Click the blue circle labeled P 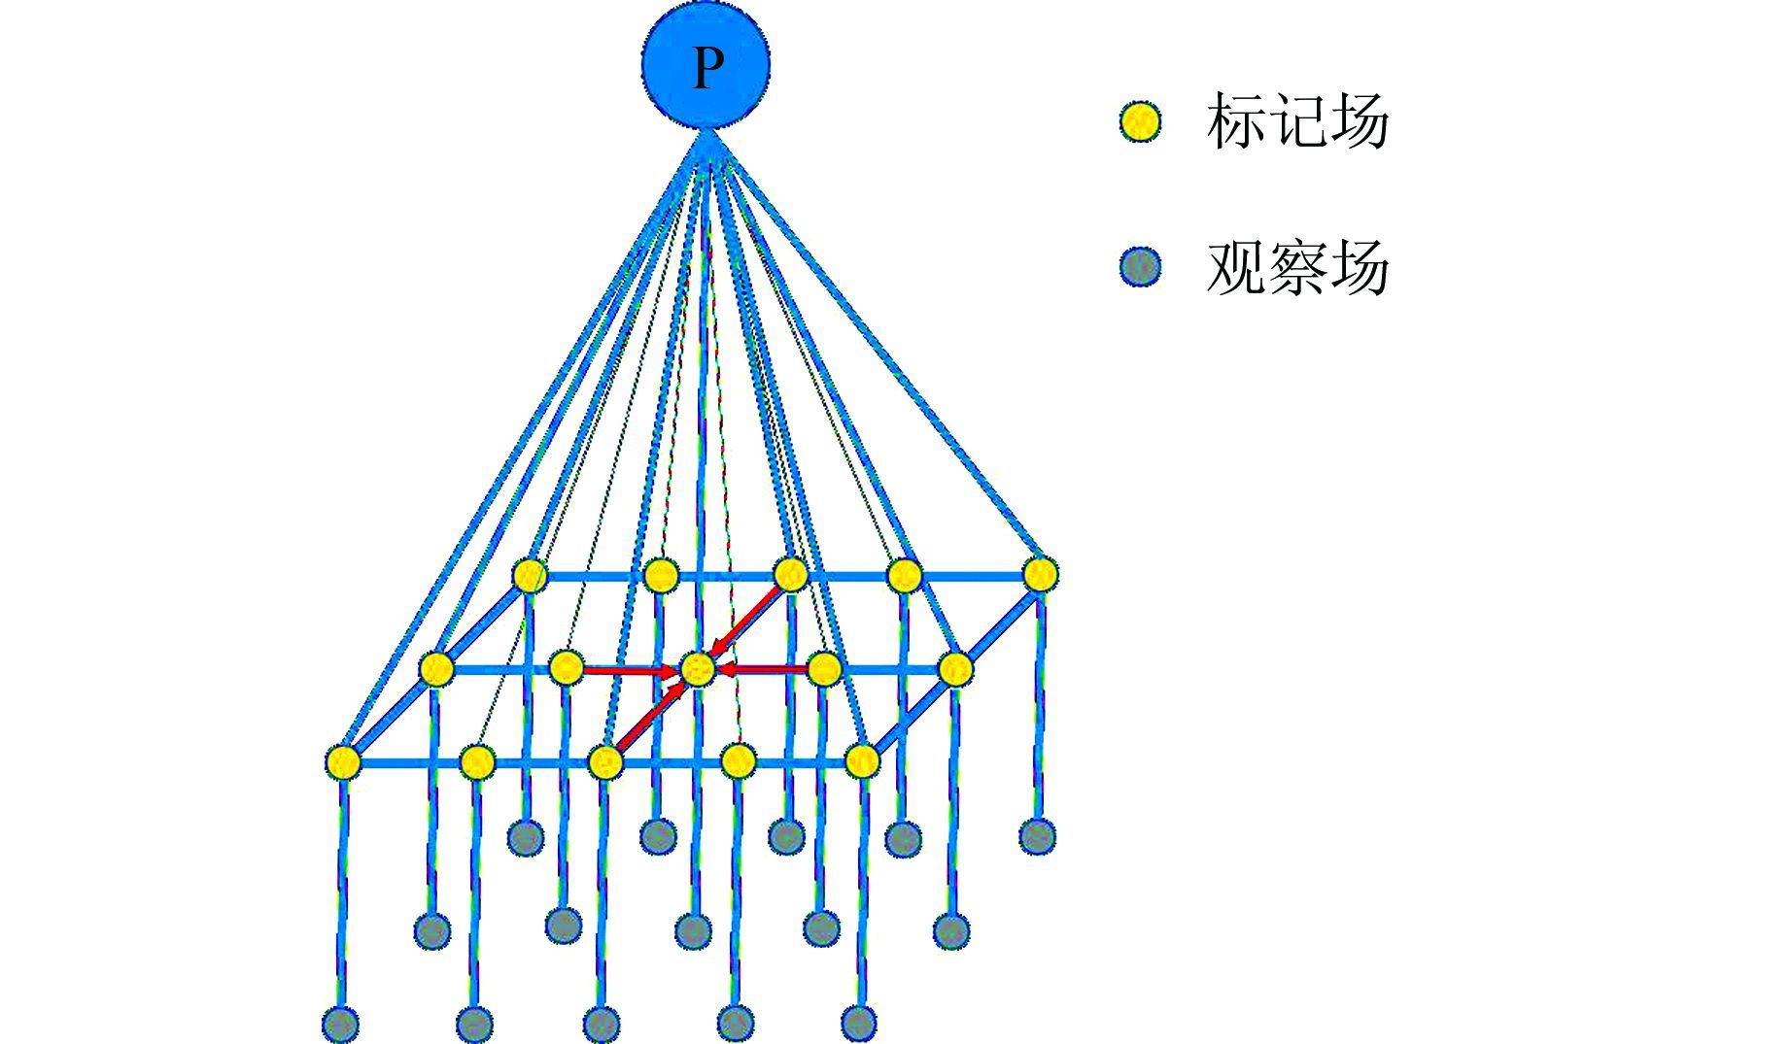(x=706, y=65)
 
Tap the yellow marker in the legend (x=1140, y=122)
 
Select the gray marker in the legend (x=1140, y=266)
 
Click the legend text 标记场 (x=1297, y=122)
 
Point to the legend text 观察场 (x=1297, y=267)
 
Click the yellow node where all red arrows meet (x=698, y=668)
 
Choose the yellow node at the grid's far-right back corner (x=1040, y=573)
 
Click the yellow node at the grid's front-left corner (x=342, y=762)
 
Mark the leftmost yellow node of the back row (x=530, y=575)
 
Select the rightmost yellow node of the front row (x=862, y=760)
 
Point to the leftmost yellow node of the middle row (x=436, y=668)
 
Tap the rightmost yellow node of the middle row (x=955, y=668)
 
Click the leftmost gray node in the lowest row (x=340, y=1023)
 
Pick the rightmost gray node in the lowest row (x=859, y=1022)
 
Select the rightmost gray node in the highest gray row (x=1038, y=835)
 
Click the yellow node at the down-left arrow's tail (x=790, y=575)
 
